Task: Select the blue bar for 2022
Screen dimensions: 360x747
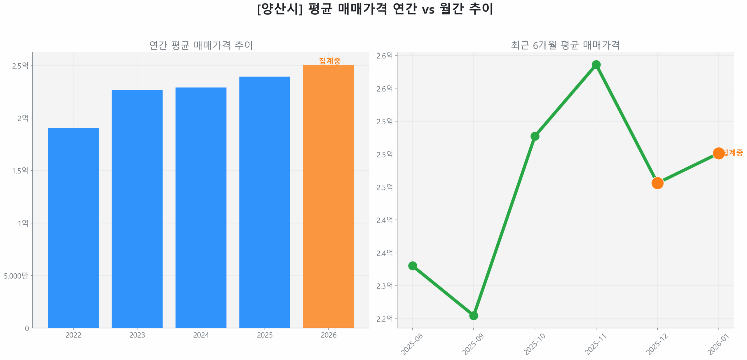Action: tap(73, 228)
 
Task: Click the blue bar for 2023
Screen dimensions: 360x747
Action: tap(137, 209)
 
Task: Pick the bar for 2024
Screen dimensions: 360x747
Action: tap(201, 207)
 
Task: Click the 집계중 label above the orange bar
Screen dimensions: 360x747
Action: tap(329, 61)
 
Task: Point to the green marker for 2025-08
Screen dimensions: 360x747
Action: tap(412, 265)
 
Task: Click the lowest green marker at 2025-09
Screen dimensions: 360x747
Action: tap(473, 315)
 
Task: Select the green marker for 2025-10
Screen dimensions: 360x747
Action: tap(535, 136)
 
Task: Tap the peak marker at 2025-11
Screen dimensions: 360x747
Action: tap(596, 64)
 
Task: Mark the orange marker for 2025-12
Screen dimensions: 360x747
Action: tap(657, 183)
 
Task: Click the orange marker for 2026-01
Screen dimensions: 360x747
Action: tap(718, 153)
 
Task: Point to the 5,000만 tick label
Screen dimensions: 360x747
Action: tap(16, 276)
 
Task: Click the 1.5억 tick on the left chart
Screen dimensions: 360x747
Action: tap(20, 170)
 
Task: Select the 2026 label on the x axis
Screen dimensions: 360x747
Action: tap(328, 335)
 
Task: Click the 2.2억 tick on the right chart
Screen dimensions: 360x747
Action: tap(384, 319)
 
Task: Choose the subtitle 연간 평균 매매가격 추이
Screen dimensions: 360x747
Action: tap(201, 45)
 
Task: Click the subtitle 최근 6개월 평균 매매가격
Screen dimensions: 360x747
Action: tap(565, 45)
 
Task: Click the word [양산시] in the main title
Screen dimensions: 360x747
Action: tap(280, 9)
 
